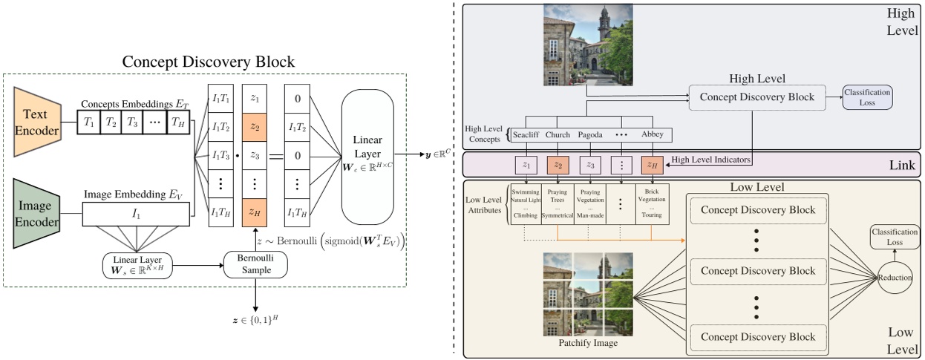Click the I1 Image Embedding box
(136, 215)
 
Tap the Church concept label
(558, 135)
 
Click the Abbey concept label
(653, 135)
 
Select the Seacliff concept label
(526, 135)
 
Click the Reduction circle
(894, 277)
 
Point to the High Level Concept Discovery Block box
(757, 97)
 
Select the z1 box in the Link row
(526, 165)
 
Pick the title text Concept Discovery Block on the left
(209, 62)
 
